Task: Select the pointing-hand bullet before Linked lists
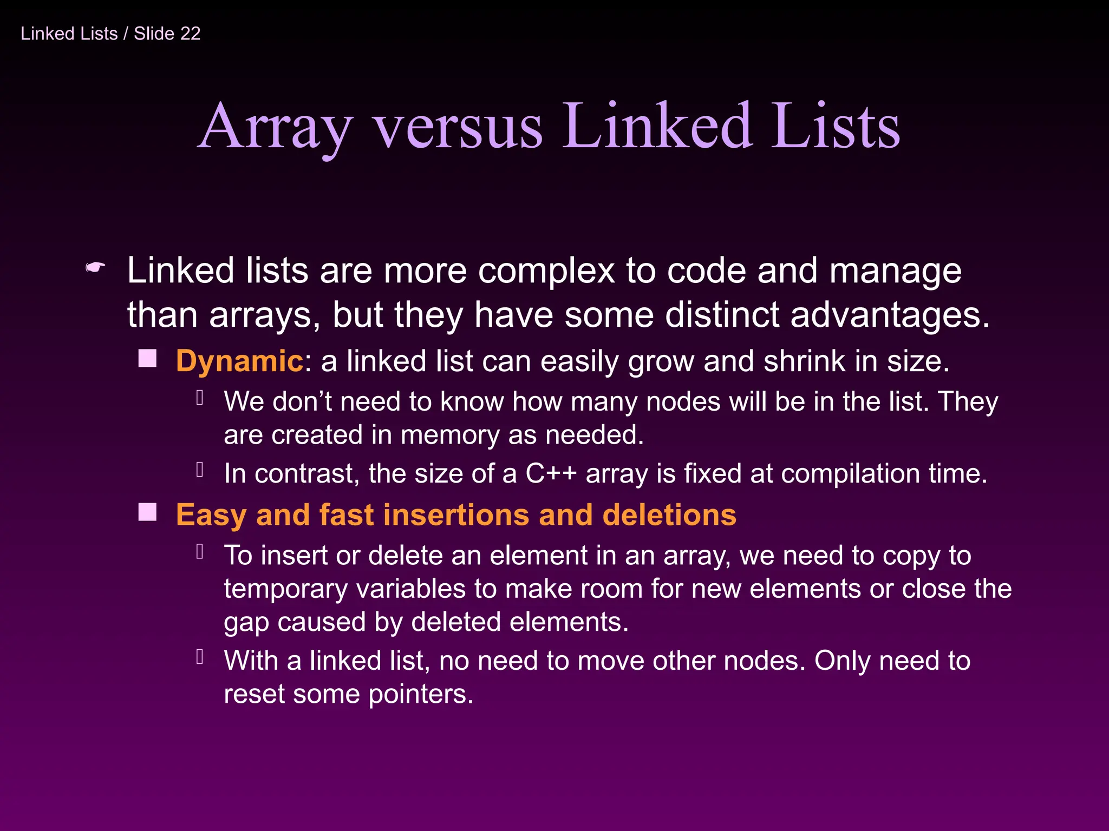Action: tap(95, 267)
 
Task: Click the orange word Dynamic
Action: tap(239, 361)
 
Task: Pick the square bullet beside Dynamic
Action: tap(147, 358)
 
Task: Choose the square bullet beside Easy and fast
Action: tap(147, 512)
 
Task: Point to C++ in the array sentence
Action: tap(551, 473)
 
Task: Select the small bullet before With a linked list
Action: tap(200, 657)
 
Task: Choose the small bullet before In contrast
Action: tap(200, 470)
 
